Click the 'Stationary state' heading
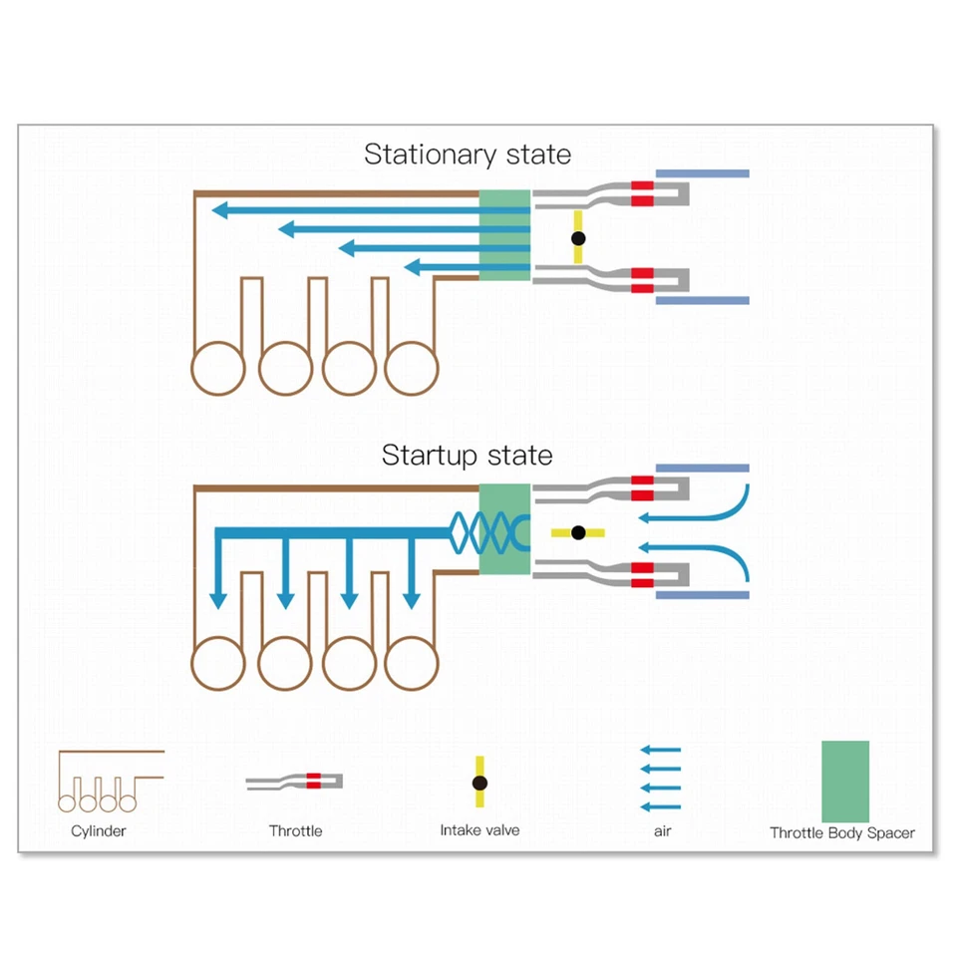point(467,155)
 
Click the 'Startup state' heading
point(467,456)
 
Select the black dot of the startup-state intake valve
point(578,532)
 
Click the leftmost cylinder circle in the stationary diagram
point(218,369)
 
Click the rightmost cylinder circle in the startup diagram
point(412,664)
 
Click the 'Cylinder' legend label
point(99,830)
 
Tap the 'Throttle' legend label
point(295,830)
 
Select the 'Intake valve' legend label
point(479,829)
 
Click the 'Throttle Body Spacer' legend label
point(842,832)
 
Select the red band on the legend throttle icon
point(314,781)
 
